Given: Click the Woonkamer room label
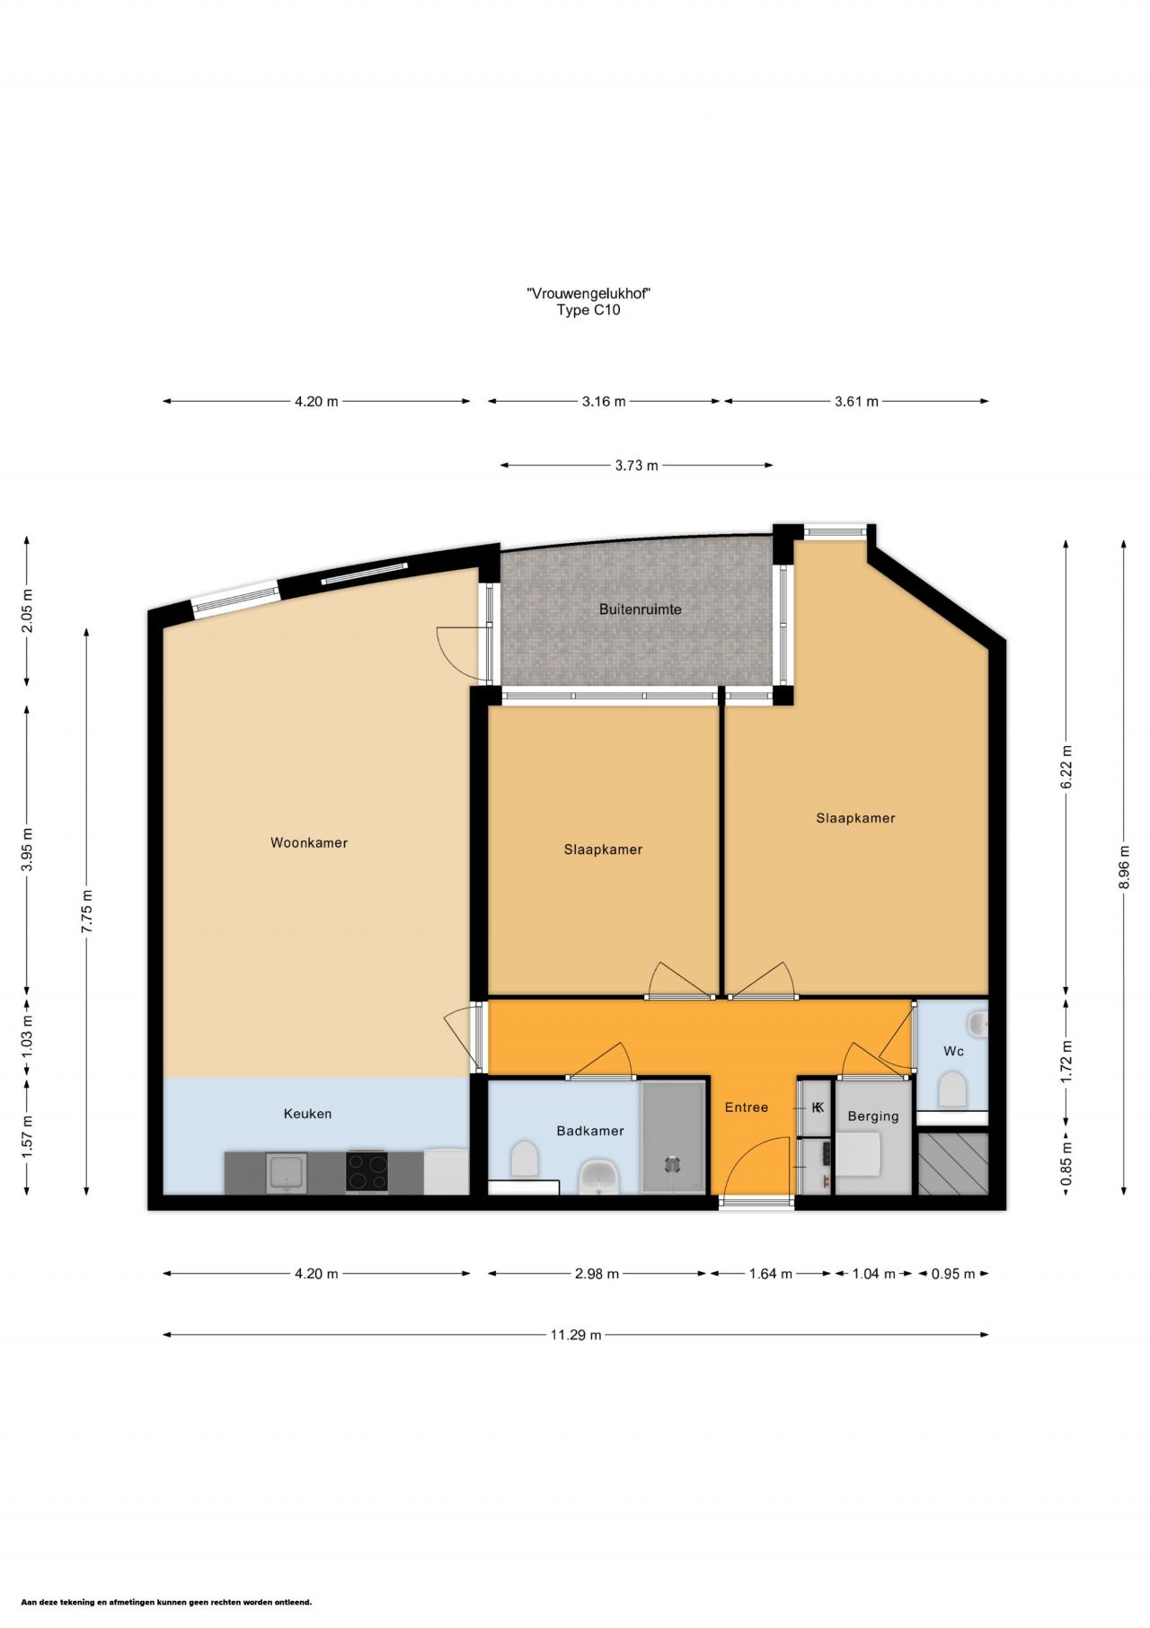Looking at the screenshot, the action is pyautogui.click(x=308, y=843).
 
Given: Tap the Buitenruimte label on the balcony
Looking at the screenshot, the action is pyautogui.click(x=640, y=609).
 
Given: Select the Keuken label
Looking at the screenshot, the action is pyautogui.click(x=307, y=1114).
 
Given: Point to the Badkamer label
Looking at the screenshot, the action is pyautogui.click(x=589, y=1131).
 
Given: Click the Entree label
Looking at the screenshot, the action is pyautogui.click(x=746, y=1108).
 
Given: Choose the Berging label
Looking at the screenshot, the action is pyautogui.click(x=872, y=1116).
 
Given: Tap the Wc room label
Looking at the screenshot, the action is pyautogui.click(x=953, y=1051).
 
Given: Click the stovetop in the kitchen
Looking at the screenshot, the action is pyautogui.click(x=367, y=1172).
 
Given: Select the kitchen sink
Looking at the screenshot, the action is pyautogui.click(x=287, y=1173).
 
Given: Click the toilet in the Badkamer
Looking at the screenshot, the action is pyautogui.click(x=525, y=1160).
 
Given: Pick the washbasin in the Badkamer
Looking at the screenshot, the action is pyautogui.click(x=598, y=1176).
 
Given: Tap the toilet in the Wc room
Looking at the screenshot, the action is pyautogui.click(x=952, y=1091).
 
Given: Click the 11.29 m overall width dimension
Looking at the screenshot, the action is pyautogui.click(x=575, y=1335).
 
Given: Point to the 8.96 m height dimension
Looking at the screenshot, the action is pyautogui.click(x=1124, y=867).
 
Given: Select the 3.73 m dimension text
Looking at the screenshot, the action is pyautogui.click(x=636, y=466).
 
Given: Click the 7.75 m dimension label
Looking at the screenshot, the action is pyautogui.click(x=87, y=912).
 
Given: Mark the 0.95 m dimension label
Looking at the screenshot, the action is pyautogui.click(x=953, y=1274).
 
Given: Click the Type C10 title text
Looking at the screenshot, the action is pyautogui.click(x=588, y=311).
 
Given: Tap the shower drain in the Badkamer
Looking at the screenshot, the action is pyautogui.click(x=673, y=1164).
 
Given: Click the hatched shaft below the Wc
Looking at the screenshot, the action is pyautogui.click(x=953, y=1163).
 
